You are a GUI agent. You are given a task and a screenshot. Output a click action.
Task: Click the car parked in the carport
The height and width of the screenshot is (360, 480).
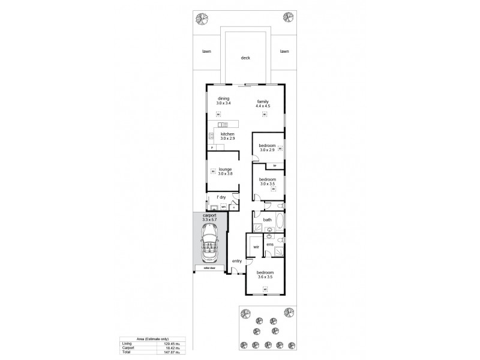(211, 247)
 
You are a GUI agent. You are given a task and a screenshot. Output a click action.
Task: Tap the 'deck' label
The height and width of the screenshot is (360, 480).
(245, 58)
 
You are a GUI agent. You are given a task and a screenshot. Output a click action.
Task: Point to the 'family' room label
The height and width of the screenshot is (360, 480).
(263, 101)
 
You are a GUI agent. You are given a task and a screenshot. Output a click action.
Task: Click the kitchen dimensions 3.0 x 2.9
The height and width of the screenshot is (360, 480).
(227, 139)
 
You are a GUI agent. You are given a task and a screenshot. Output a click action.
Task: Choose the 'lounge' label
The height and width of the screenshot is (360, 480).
(225, 169)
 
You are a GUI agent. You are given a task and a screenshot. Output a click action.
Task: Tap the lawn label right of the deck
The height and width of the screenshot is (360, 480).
(284, 52)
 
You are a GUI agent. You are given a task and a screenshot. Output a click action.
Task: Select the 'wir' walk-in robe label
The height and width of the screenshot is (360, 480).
(254, 247)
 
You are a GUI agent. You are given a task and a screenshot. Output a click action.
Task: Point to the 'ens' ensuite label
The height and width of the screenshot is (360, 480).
(270, 244)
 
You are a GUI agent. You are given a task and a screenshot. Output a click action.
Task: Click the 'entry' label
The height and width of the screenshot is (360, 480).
(237, 261)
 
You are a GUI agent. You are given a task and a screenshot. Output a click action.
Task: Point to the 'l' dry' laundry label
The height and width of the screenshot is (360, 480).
(221, 197)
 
